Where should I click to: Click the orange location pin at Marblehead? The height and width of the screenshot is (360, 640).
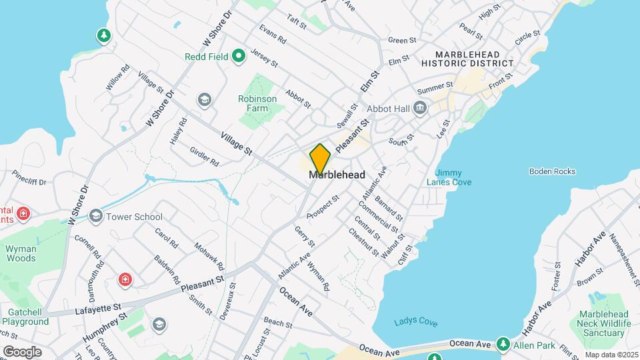pyautogui.click(x=320, y=159)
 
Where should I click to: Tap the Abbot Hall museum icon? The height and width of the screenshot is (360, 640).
pyautogui.click(x=420, y=107)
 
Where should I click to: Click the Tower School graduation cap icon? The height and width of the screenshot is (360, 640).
pyautogui.click(x=97, y=216)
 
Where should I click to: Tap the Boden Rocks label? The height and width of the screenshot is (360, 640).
pyautogui.click(x=552, y=171)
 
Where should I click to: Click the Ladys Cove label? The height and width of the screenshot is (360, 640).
pyautogui.click(x=415, y=323)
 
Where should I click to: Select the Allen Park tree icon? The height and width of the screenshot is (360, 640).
pyautogui.click(x=503, y=345)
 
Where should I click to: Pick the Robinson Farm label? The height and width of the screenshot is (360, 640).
pyautogui.click(x=257, y=103)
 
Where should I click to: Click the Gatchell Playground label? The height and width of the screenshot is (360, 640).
pyautogui.click(x=28, y=317)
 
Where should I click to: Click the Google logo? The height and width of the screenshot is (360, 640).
pyautogui.click(x=22, y=351)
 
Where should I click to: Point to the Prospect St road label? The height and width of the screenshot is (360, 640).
pyautogui.click(x=323, y=207)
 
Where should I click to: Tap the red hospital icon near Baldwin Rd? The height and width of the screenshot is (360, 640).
pyautogui.click(x=125, y=279)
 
